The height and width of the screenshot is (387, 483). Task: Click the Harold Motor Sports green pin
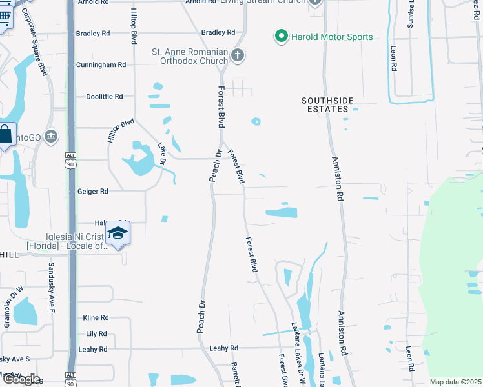tap(281, 37)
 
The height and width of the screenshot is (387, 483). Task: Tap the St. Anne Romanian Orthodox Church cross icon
tap(238, 55)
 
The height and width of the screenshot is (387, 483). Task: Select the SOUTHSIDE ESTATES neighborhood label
tap(329, 104)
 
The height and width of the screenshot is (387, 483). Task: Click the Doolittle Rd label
tap(105, 97)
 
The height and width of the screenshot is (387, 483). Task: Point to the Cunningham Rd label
tap(100, 65)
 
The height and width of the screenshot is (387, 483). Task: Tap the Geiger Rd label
tap(92, 191)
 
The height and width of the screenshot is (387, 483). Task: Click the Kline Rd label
tap(96, 318)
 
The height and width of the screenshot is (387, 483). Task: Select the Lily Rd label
tap(96, 333)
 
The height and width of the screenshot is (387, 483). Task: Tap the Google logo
tap(21, 379)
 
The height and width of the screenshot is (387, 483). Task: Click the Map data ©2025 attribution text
tap(455, 382)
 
